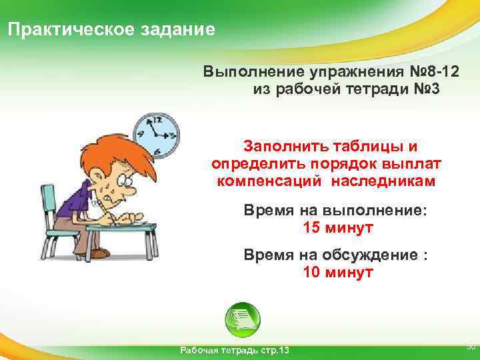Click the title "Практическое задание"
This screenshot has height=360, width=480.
pos(111,30)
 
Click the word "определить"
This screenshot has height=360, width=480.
pos(259,164)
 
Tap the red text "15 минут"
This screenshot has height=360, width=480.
pos(338,228)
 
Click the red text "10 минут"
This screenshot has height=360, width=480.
pos(338,273)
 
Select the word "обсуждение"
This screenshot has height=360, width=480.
pos(373,255)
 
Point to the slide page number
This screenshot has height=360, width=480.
pos(470,347)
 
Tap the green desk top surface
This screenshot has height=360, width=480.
pos(123,228)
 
